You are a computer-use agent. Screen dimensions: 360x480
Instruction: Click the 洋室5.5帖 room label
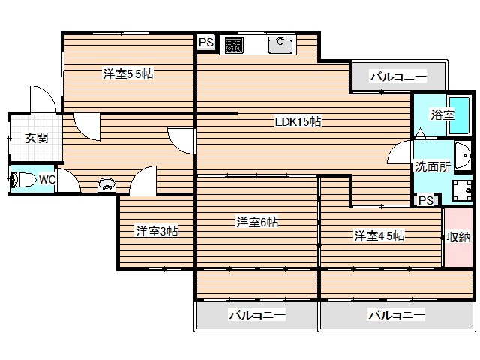[128, 73]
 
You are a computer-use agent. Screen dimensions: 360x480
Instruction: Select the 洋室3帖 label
[156, 231]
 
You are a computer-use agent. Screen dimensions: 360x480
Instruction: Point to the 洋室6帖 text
[258, 222]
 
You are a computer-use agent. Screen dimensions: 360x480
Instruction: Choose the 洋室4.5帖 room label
[379, 235]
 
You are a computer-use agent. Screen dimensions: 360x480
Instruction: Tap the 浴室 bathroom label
[442, 115]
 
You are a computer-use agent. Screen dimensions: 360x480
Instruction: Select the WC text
[46, 180]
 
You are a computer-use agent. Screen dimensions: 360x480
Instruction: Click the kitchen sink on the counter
[280, 45]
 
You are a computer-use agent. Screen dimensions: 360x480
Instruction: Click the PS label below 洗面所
[426, 200]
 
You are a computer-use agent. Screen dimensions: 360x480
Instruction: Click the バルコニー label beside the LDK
[398, 76]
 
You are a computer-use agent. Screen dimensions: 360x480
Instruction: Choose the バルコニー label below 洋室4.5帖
[397, 315]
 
